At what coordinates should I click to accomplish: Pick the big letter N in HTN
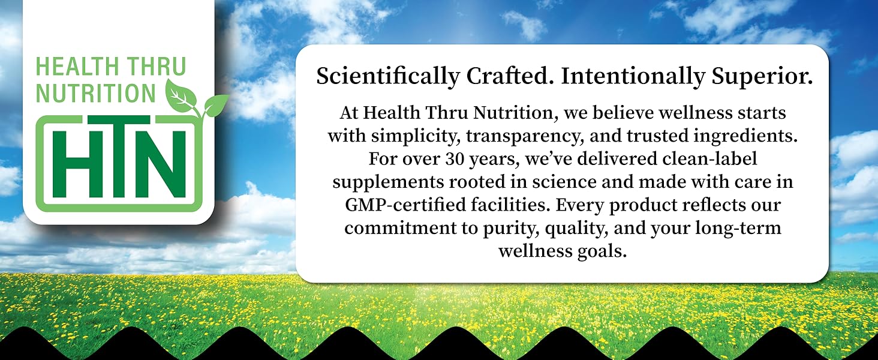tap(168, 163)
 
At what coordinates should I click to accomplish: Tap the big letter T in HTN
tap(118, 163)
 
